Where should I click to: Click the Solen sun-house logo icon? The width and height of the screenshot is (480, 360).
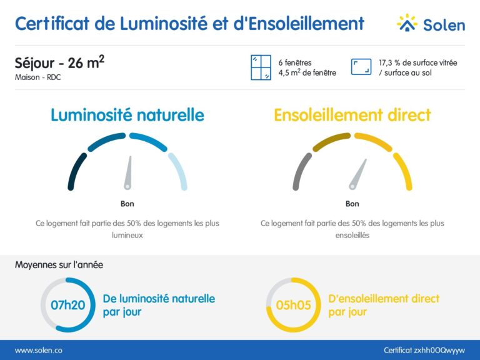[x=407, y=22]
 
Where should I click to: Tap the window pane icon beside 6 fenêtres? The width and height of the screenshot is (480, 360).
[x=261, y=67]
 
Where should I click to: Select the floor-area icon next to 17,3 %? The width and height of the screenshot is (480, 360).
[x=361, y=67]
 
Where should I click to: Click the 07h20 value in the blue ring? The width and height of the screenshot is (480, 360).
[x=67, y=305]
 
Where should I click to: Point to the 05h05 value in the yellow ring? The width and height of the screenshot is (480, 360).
[x=293, y=305]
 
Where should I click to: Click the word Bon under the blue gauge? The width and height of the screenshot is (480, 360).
[x=127, y=204]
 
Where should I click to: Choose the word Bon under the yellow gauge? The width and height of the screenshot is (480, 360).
[x=352, y=204]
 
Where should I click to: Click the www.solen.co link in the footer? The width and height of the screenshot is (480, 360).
[x=38, y=351]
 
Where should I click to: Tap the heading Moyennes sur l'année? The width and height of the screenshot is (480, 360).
[x=59, y=265]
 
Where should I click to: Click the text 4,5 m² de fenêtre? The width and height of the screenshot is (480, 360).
[x=307, y=72]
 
